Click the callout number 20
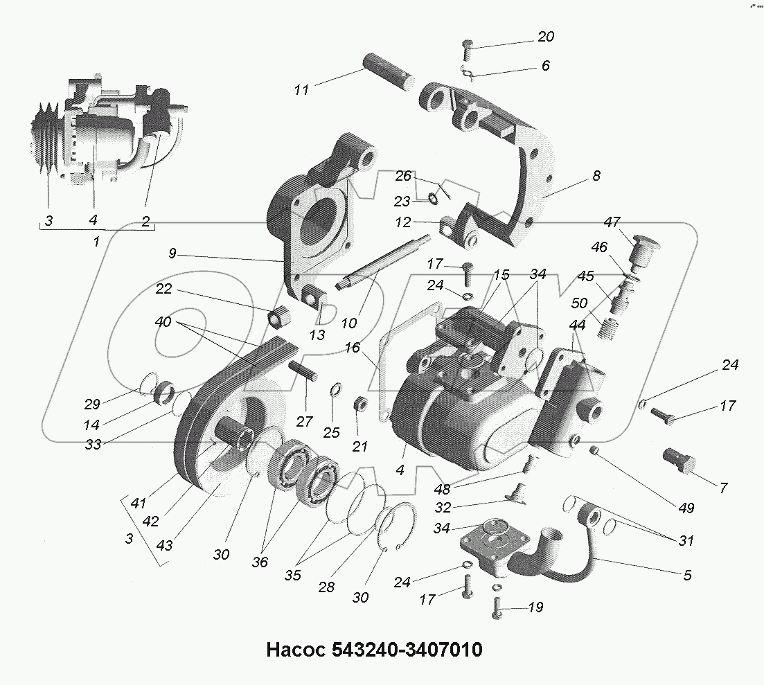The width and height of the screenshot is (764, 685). pos(546,37)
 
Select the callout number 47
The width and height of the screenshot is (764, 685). pos(612,222)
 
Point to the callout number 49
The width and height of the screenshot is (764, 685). pos(686,508)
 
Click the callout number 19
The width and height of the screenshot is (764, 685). pos(535,607)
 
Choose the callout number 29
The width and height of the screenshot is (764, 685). pos(92,404)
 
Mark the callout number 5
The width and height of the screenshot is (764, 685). pos(686,575)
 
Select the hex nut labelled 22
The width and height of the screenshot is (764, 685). pos(278,319)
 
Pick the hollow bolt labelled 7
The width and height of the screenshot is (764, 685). pos(677,459)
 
